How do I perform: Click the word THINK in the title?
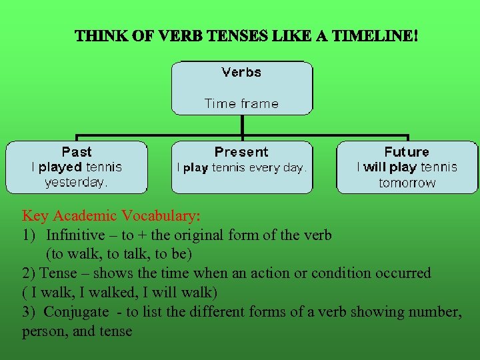[97, 35]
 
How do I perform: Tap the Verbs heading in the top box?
[241, 72]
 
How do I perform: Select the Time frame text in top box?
[241, 103]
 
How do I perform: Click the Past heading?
[77, 152]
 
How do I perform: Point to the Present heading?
[241, 152]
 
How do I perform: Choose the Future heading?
[407, 152]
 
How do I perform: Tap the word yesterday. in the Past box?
[76, 182]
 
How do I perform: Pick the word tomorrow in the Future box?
[407, 183]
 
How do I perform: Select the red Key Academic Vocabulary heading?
[111, 216]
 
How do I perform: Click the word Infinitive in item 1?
[75, 235]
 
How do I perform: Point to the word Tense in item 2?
[59, 273]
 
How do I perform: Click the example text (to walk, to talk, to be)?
[119, 254]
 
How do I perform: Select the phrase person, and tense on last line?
[77, 331]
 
